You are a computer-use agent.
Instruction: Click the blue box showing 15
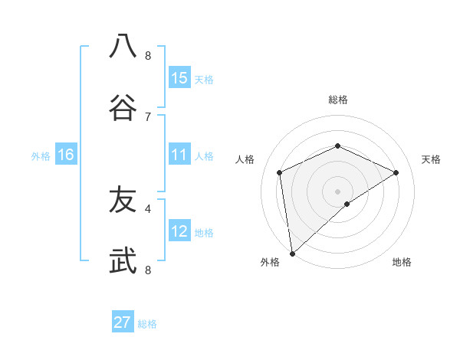pos(179,78)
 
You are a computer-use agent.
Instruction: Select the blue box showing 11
pos(179,155)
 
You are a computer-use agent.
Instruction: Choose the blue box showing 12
pos(179,231)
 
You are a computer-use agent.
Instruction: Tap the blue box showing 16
pos(66,155)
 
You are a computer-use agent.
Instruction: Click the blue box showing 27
pos(123,322)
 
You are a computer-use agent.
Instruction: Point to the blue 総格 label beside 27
pos(147,324)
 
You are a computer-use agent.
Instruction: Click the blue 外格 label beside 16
pos(41,156)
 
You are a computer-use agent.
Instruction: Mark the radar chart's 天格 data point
pos(396,172)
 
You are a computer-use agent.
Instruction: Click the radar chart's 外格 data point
pos(292,253)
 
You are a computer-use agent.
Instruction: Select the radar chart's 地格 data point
pos(347,204)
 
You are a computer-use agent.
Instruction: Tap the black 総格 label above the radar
pos(337,100)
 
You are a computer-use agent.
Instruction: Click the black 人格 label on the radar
pos(245,159)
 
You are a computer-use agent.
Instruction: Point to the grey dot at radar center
pos(337,191)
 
